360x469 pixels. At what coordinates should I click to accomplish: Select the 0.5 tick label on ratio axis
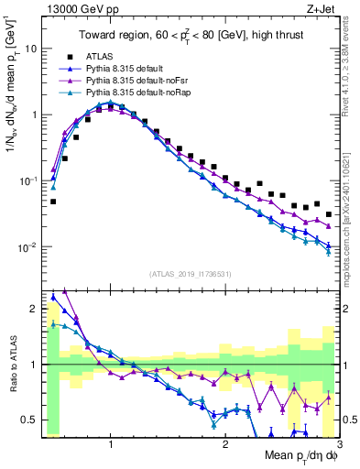(x=28, y=420)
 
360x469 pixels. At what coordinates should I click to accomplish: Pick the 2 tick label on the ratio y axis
(x=34, y=309)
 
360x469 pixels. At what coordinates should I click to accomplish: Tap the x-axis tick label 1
(x=111, y=443)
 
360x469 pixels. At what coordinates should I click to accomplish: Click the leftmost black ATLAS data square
(x=53, y=202)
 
